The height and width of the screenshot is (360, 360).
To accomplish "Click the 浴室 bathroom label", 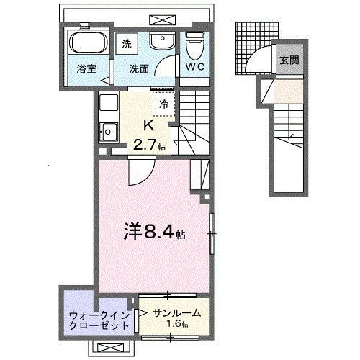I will [88, 70].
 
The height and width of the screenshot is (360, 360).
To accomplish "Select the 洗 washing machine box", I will [127, 43].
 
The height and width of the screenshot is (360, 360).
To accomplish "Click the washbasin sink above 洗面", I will [161, 42].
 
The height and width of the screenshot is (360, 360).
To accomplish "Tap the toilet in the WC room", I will [194, 47].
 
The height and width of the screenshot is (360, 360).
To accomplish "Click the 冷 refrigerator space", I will [163, 103].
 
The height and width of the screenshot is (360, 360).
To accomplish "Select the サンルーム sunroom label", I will [176, 313].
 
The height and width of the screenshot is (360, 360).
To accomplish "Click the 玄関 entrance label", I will [287, 60].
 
